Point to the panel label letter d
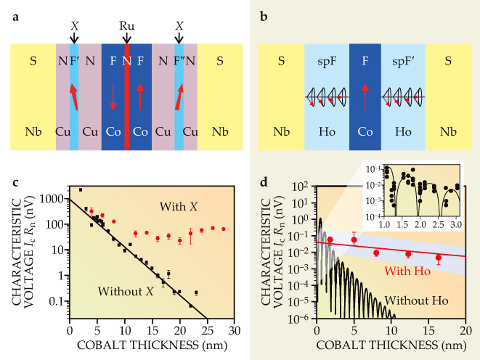point(264,171)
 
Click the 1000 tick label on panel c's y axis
point(53,198)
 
